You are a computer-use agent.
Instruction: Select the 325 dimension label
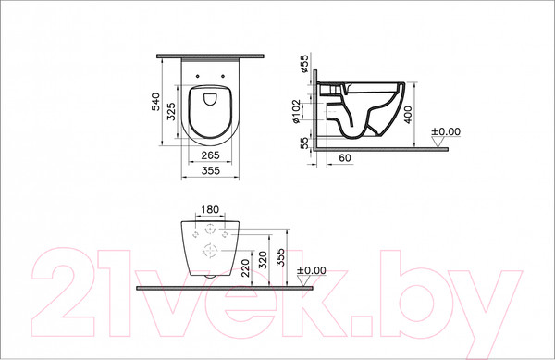[170, 113]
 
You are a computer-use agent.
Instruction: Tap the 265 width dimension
[210, 155]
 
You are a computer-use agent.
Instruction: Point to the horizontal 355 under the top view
[210, 170]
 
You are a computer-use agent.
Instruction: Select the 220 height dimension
[243, 269]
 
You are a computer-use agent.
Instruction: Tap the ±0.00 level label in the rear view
[313, 270]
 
